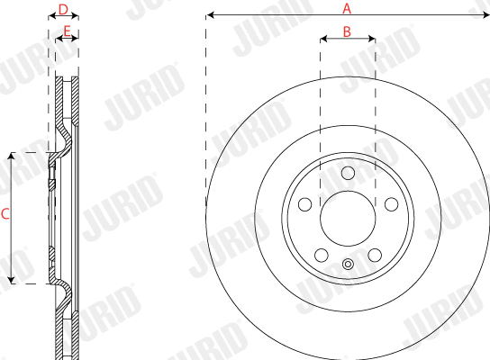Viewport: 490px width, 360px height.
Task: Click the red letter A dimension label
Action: (x=347, y=8)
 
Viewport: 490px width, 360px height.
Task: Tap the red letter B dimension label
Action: (x=347, y=31)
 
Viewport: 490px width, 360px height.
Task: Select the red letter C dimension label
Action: (x=5, y=214)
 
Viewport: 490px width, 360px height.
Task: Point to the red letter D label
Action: (x=62, y=9)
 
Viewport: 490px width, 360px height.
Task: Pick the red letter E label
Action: (x=65, y=31)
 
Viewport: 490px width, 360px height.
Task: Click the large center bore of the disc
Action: (x=347, y=216)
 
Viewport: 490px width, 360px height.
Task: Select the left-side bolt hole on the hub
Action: (x=306, y=203)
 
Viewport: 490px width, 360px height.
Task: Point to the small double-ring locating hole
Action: (x=347, y=264)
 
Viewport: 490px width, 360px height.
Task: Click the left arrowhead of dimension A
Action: (x=209, y=15)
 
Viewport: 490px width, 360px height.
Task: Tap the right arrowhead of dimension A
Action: (x=485, y=15)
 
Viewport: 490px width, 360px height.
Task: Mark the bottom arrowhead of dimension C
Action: (x=12, y=281)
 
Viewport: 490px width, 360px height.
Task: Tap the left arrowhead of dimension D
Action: (x=50, y=16)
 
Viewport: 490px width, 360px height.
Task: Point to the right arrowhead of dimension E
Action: (x=75, y=39)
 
